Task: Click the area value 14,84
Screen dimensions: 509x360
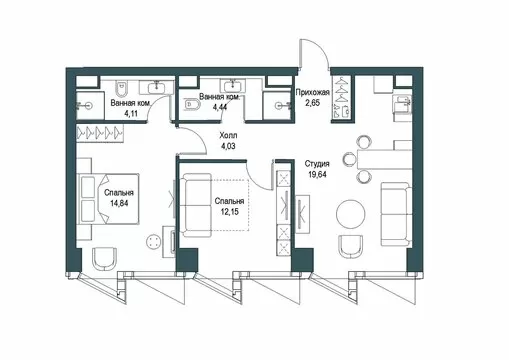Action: point(119,203)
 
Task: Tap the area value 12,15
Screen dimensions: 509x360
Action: point(229,211)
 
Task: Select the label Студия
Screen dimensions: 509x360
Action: point(317,164)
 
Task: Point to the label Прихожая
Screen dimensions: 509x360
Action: point(313,92)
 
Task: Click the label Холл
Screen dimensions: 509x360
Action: point(228,136)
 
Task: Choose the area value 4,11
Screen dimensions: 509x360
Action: point(131,113)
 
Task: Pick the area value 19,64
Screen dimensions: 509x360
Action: point(317,174)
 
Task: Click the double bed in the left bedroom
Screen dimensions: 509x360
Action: point(108,198)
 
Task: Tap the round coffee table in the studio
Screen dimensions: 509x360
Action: point(351,214)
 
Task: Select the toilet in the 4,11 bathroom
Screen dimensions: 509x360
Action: point(122,88)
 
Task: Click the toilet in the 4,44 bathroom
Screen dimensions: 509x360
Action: point(192,105)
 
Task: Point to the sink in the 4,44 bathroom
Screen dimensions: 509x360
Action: point(232,86)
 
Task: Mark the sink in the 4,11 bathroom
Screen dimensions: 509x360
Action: point(156,87)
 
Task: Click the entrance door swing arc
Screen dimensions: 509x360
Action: point(321,47)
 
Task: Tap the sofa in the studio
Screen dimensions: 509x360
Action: point(396,214)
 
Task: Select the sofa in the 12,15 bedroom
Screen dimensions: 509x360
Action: point(196,205)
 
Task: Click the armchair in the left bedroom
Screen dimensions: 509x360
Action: point(105,259)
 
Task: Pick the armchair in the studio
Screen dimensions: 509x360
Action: point(350,247)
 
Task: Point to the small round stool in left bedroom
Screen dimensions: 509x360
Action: point(155,241)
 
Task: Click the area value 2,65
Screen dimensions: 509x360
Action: point(313,103)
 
